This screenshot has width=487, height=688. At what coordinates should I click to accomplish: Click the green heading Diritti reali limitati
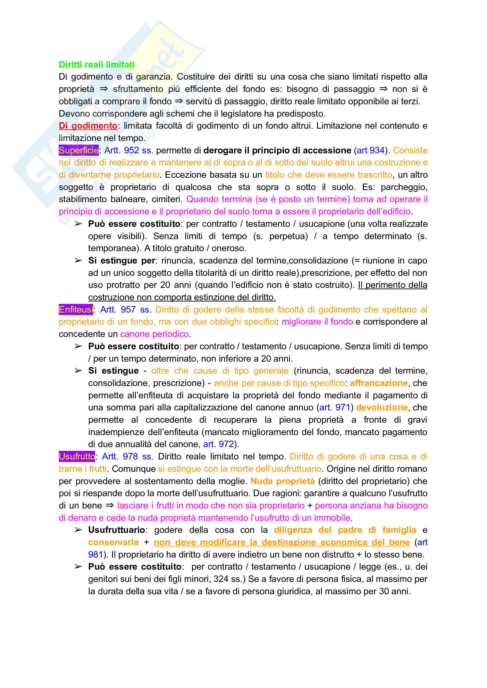[97, 64]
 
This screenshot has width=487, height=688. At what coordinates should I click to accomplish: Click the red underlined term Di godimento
[88, 125]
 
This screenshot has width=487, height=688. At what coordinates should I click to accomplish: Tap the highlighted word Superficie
[79, 150]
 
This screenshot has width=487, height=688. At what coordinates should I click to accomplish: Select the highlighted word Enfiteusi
[76, 309]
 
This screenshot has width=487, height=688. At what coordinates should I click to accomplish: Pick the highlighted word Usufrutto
[77, 457]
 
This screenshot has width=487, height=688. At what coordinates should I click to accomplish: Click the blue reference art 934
[370, 150]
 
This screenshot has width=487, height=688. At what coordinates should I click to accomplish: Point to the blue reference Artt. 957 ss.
[125, 309]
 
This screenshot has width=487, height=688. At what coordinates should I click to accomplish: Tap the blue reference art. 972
[219, 444]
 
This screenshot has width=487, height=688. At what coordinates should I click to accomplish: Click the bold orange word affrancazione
[379, 383]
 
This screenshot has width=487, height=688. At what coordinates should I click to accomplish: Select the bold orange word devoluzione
[382, 407]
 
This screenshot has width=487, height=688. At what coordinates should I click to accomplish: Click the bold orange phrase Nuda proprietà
[283, 481]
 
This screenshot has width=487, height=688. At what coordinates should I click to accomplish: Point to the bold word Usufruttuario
[116, 530]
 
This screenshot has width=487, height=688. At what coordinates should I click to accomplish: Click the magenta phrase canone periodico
[154, 334]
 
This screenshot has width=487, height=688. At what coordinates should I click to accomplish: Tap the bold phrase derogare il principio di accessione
[277, 150]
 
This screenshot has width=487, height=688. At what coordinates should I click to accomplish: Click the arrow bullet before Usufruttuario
[78, 530]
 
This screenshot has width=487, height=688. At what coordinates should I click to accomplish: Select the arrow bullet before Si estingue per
[78, 260]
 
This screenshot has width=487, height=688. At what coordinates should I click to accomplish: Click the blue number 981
[95, 554]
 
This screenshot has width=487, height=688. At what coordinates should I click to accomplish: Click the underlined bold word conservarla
[114, 542]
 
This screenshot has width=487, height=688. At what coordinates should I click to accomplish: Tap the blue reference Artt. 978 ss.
[127, 457]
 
